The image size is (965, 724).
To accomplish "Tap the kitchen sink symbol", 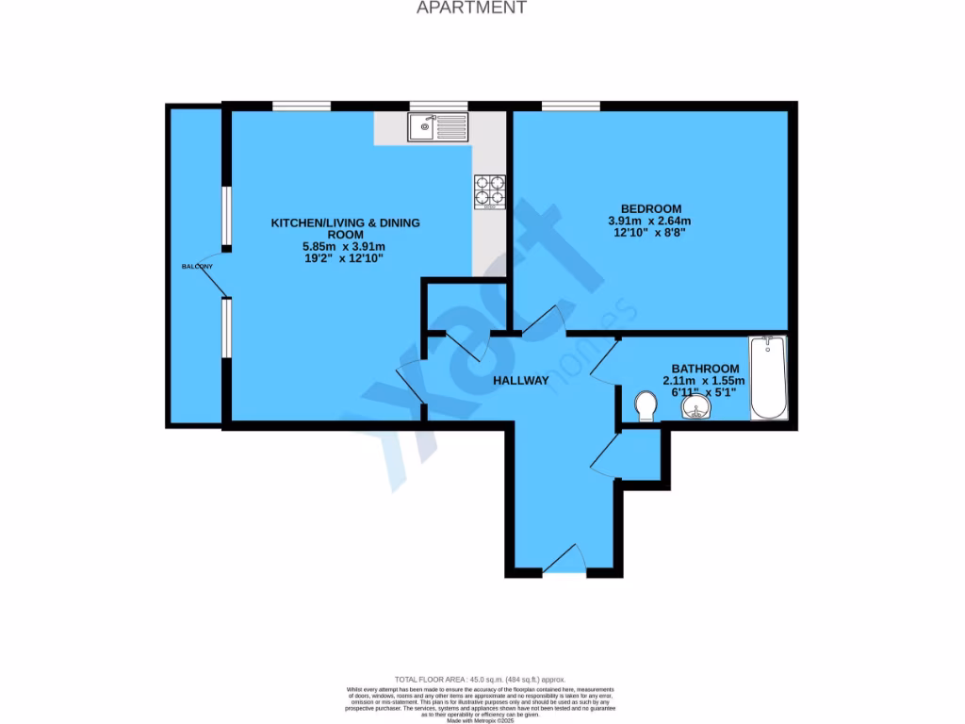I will tap(438, 127).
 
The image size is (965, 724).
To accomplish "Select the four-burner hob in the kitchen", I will tap(489, 190).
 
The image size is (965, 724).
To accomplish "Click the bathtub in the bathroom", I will tap(769, 378).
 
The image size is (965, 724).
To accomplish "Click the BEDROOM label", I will tap(650, 208).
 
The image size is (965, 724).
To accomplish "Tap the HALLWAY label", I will tap(520, 381).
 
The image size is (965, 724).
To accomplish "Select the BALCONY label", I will tap(198, 267).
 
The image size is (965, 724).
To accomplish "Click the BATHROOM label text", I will tap(704, 369).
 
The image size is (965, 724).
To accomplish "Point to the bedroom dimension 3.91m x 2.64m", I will tap(650, 221).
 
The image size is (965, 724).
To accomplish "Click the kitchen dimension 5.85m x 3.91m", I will tap(345, 246).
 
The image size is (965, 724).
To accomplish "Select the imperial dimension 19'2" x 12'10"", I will tap(345, 258).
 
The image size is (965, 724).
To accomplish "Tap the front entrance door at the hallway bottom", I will tap(564, 562).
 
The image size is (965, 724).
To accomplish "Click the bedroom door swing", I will tap(543, 322).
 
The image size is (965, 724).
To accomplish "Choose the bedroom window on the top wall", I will tap(570, 106).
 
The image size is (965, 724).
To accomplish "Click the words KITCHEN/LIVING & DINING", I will tap(345, 222).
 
